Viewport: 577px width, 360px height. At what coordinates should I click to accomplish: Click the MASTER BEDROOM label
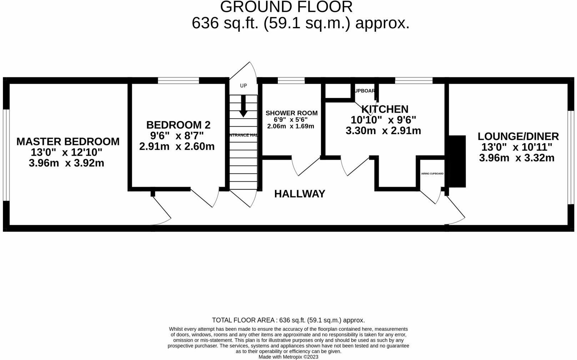point(68,141)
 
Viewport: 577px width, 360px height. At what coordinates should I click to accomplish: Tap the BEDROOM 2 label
point(178,125)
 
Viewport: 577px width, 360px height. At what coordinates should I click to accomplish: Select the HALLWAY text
point(300,194)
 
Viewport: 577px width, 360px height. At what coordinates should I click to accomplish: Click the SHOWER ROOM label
point(291,113)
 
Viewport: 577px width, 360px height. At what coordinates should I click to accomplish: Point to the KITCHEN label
point(385,109)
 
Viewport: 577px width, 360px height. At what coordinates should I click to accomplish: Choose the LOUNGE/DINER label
point(518,136)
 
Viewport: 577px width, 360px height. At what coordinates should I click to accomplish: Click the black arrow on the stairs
point(243,106)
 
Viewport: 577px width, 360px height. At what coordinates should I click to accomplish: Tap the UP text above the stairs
point(243,86)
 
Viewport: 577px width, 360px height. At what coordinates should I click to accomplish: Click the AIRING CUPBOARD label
point(432,174)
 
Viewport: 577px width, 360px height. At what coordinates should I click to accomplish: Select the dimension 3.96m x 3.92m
point(66,164)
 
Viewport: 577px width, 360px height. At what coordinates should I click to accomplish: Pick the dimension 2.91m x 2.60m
point(177,147)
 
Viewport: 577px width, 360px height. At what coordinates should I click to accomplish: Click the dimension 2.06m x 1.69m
point(291,126)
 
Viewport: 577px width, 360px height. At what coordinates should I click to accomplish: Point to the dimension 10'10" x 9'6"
point(383,120)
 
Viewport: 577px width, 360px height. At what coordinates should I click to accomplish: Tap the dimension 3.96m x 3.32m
point(517,158)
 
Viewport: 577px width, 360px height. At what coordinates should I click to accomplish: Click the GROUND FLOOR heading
point(286,7)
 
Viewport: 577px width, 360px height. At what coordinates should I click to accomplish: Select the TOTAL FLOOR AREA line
point(288,320)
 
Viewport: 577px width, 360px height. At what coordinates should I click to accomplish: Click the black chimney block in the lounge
point(457,161)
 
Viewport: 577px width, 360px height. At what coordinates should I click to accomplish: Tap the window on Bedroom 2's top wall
point(179,80)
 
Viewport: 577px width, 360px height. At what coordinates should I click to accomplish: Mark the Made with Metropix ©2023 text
point(288,357)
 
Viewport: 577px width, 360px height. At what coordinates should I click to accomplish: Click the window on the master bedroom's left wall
point(6,155)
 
